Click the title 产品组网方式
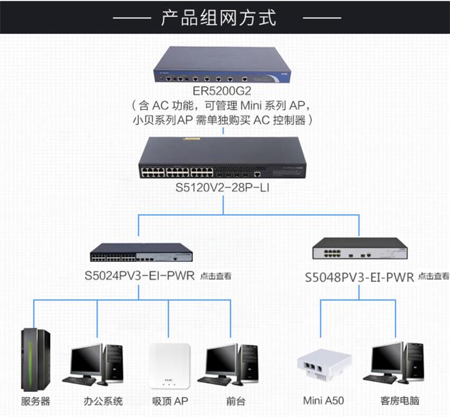coord(219,17)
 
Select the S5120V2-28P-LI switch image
coord(222,158)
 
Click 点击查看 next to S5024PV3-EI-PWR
coord(215,277)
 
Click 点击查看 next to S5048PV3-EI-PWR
coord(433,277)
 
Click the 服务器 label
coord(35,402)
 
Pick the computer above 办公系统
coord(96,362)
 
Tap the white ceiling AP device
coord(168,367)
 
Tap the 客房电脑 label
coord(399,402)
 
